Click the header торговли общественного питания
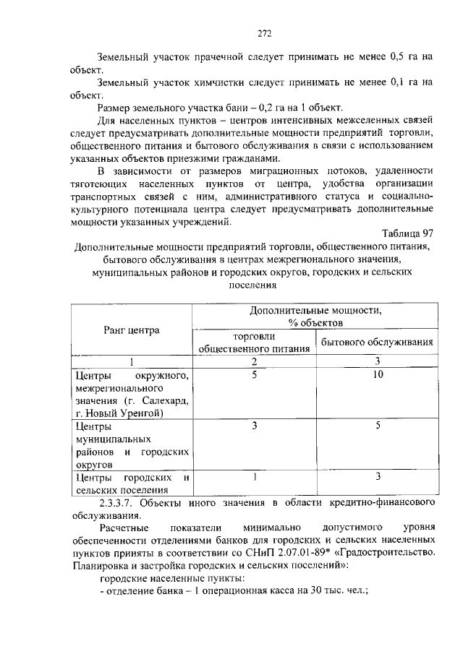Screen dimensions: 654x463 [x=254, y=342]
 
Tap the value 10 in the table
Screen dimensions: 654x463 [x=376, y=375]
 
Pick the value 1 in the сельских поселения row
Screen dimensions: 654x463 [x=254, y=477]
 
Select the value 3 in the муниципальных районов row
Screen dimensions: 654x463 [x=254, y=426]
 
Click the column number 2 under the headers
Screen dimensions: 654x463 [x=254, y=361]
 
